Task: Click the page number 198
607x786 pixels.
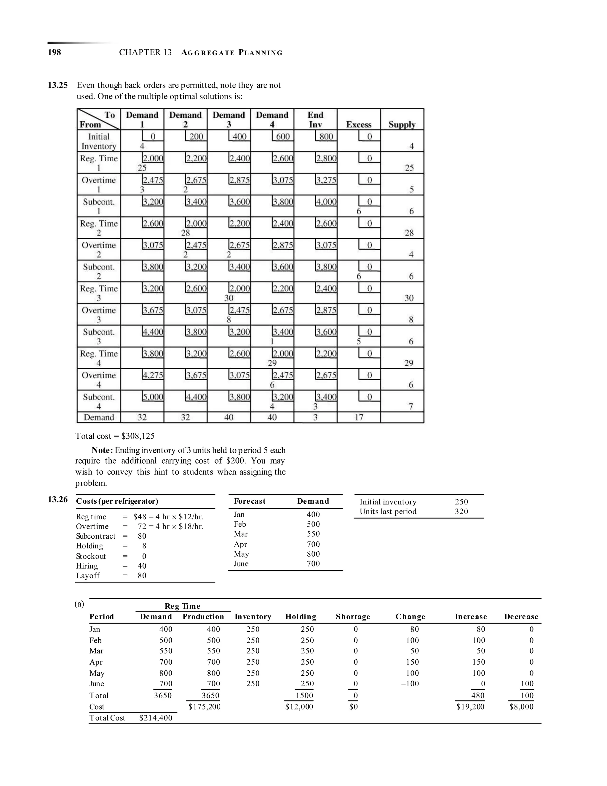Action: click(x=54, y=52)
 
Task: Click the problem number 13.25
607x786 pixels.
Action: click(x=58, y=85)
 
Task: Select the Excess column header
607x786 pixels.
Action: click(x=359, y=125)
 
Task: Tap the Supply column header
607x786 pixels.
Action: click(x=402, y=125)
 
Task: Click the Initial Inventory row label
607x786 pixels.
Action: click(x=99, y=141)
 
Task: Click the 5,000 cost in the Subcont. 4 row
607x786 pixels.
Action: click(x=153, y=397)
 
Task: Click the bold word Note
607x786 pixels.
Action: click(x=103, y=450)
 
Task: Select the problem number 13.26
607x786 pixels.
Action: click(x=58, y=499)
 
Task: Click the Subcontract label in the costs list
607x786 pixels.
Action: click(x=96, y=536)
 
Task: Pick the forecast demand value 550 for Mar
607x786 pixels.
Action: click(x=313, y=534)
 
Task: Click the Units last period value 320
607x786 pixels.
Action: click(x=461, y=511)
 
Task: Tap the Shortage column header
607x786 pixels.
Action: click(x=353, y=617)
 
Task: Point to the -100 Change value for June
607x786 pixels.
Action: click(x=410, y=684)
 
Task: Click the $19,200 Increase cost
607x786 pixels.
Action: click(x=470, y=707)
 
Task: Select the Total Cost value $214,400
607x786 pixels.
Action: click(x=155, y=718)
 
